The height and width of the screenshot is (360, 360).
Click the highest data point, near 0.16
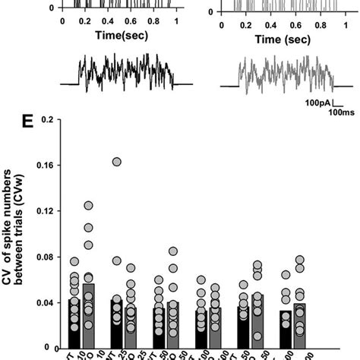pyautogui.click(x=116, y=162)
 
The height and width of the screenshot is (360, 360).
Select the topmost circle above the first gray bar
pyautogui.click(x=88, y=206)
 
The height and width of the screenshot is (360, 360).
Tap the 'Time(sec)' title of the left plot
pyautogui.click(x=119, y=34)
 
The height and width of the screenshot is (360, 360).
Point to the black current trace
pyautogui.click(x=125, y=74)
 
